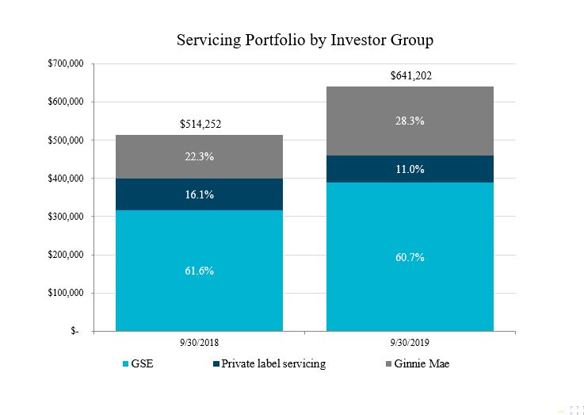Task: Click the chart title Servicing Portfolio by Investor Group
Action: [305, 39]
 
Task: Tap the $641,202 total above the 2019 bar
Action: [410, 76]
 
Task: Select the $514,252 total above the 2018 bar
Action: [200, 125]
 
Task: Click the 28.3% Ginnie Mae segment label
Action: [410, 121]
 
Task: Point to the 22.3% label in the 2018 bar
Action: [200, 156]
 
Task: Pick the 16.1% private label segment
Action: [200, 194]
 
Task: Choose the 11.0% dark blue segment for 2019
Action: [410, 169]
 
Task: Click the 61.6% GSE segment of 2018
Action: [200, 271]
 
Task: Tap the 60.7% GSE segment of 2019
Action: [410, 257]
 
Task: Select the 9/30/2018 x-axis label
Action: [200, 343]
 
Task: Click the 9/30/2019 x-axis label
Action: [410, 343]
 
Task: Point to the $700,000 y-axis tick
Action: [66, 63]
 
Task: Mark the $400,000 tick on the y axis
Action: [66, 179]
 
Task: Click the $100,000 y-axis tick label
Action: [66, 293]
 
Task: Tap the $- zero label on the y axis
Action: [74, 332]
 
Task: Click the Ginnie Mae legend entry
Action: [421, 364]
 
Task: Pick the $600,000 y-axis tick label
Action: [66, 102]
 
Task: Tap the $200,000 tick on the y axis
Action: [66, 255]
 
